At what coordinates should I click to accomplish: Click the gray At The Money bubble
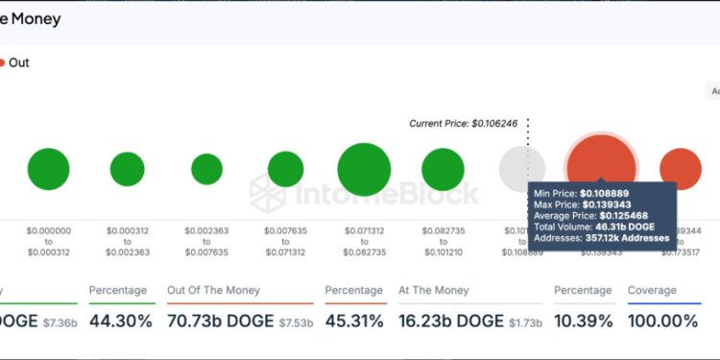tap(521, 169)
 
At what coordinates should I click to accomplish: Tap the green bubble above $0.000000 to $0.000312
tap(48, 169)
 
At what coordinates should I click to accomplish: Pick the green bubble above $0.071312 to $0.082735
tap(364, 169)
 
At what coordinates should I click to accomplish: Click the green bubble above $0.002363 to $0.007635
tap(206, 169)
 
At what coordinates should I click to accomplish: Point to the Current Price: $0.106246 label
tap(463, 124)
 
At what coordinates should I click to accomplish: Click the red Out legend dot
tap(2, 62)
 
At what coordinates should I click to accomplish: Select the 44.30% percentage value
tap(120, 321)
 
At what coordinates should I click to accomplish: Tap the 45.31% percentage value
tap(356, 321)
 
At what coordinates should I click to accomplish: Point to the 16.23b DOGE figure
tap(446, 321)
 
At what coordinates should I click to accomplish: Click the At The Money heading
tap(434, 290)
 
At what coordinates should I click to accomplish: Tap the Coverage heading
tap(652, 290)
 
